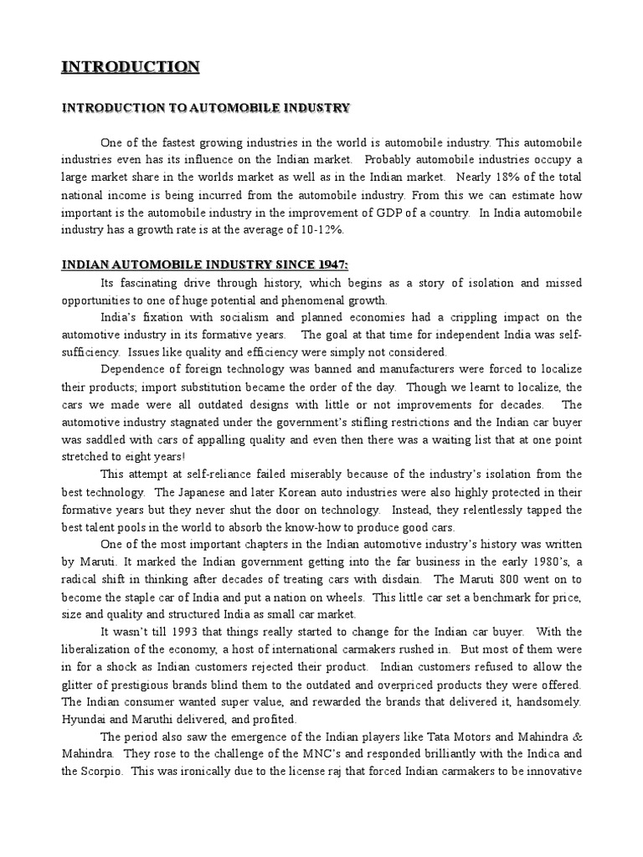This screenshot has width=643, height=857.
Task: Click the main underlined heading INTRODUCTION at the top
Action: tap(130, 67)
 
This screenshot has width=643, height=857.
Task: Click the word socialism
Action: tap(234, 318)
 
